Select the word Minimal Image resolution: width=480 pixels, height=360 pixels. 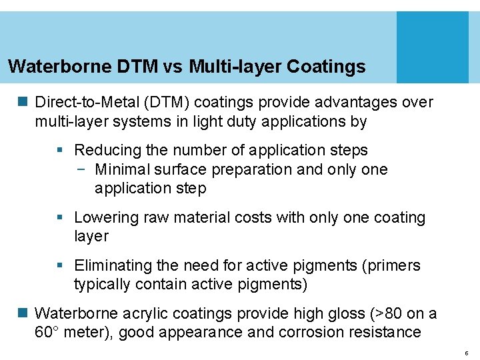point(123,169)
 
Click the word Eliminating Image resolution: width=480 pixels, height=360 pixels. point(113,265)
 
